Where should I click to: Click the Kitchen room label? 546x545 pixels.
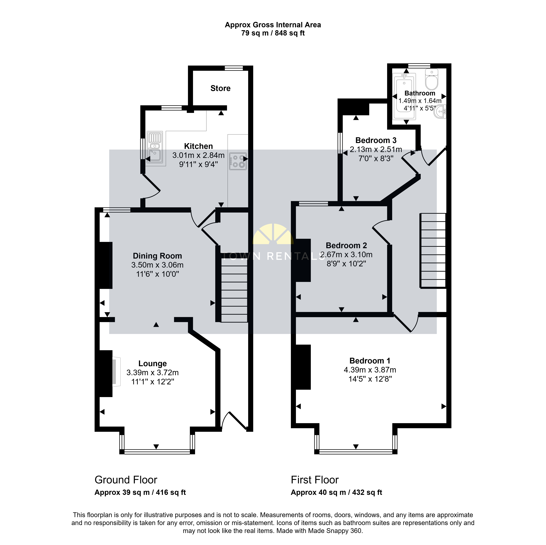tap(198, 146)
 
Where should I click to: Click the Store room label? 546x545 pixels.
tap(220, 88)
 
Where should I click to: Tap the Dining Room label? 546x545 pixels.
tap(157, 256)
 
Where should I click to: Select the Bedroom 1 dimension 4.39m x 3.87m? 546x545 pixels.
tap(370, 370)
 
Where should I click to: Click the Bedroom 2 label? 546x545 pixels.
tap(346, 245)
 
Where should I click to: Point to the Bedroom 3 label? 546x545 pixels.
tap(376, 140)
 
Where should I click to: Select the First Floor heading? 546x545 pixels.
tap(315, 480)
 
